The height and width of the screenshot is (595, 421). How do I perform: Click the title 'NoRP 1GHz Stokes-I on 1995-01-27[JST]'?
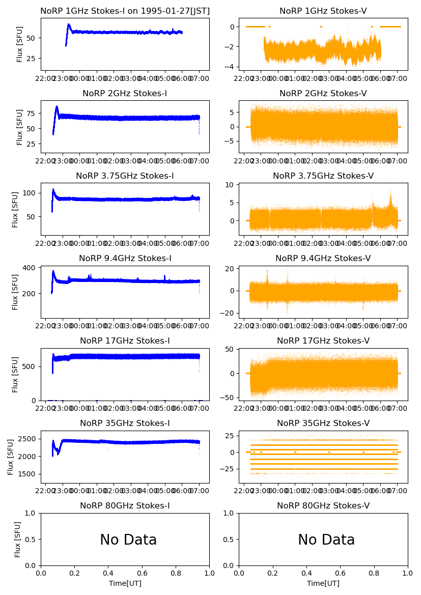pos(125,11)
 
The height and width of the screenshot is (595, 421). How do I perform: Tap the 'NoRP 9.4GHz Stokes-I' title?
pos(125,259)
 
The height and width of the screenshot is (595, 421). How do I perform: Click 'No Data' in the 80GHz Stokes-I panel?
pos(128,540)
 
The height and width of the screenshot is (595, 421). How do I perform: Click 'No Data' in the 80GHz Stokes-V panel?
pos(326,540)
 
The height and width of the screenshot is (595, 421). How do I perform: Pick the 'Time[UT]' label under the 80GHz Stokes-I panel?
pos(125,583)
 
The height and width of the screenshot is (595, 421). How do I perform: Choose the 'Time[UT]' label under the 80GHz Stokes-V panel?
pos(323,583)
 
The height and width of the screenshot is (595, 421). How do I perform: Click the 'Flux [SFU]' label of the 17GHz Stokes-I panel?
pos(15,374)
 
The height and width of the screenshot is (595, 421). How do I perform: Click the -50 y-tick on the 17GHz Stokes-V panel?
pos(227,398)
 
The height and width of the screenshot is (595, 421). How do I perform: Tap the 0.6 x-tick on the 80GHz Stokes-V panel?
pos(340,572)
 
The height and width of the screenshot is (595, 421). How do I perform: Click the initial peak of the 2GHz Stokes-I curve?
pos(57,107)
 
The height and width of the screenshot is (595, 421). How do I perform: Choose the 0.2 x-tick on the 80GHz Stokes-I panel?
pos(75,572)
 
